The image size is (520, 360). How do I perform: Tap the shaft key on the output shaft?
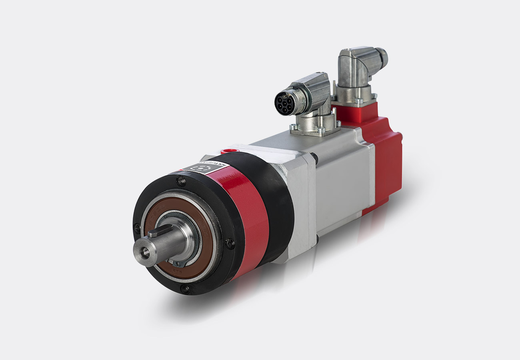[157, 231]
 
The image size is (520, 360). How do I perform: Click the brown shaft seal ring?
[202, 260]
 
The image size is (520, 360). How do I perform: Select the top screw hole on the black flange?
[181, 182]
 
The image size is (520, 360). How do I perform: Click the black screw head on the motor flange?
[315, 158]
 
